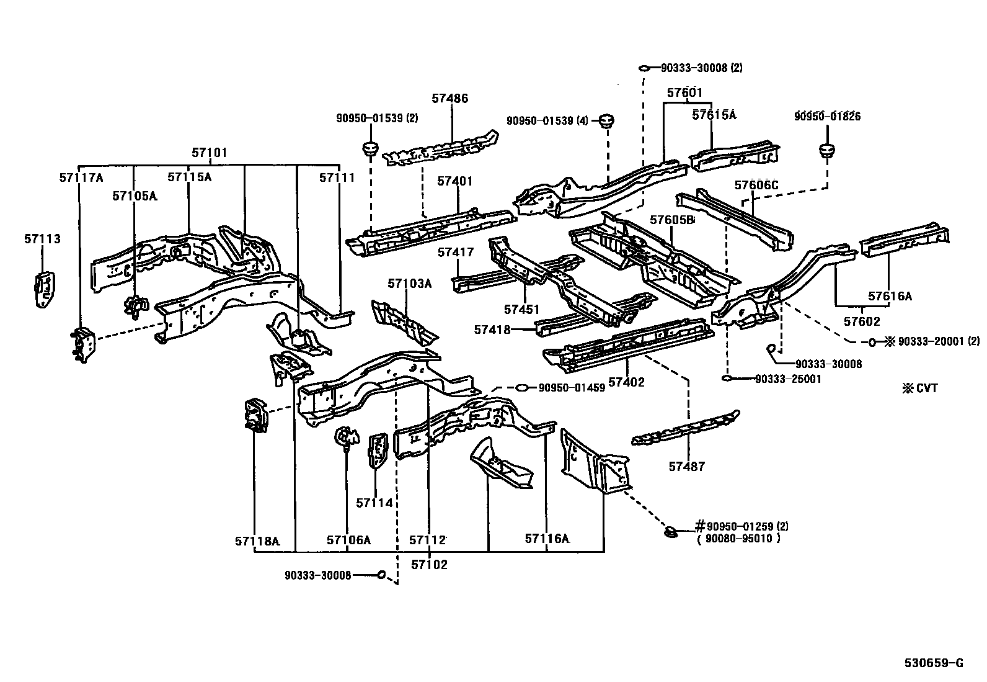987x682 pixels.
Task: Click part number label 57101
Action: (x=209, y=153)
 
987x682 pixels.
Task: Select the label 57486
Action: (x=450, y=98)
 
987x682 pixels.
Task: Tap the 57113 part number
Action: (x=43, y=239)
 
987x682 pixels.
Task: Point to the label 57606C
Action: (x=756, y=185)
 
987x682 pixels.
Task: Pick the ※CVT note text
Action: (x=919, y=388)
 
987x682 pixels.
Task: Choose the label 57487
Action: (x=687, y=467)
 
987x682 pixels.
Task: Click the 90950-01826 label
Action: (x=828, y=116)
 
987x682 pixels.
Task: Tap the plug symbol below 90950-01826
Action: (x=827, y=150)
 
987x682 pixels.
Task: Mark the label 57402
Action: (x=626, y=382)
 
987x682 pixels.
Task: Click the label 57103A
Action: (x=409, y=284)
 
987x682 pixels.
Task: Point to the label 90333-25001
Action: (x=787, y=379)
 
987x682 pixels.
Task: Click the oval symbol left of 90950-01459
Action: (x=523, y=388)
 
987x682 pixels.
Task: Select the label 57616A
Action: (x=890, y=297)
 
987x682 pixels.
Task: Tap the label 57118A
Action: (x=257, y=541)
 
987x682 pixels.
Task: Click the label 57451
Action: (x=522, y=309)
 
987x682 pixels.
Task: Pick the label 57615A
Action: (x=714, y=115)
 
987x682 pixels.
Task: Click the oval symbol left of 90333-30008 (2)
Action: (x=644, y=68)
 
